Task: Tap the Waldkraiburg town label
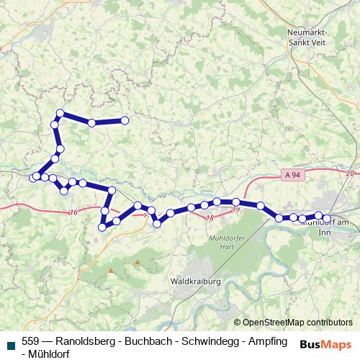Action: (x=196, y=282)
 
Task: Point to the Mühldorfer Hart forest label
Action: (x=227, y=242)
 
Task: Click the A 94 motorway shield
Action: (x=292, y=174)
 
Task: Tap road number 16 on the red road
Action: (x=73, y=212)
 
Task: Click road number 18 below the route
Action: (x=210, y=217)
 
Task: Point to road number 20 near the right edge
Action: (x=351, y=174)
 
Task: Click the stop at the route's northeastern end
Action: (x=125, y=121)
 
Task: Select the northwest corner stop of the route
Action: (x=60, y=113)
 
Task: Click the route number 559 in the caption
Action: (x=31, y=341)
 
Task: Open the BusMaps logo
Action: (x=325, y=344)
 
